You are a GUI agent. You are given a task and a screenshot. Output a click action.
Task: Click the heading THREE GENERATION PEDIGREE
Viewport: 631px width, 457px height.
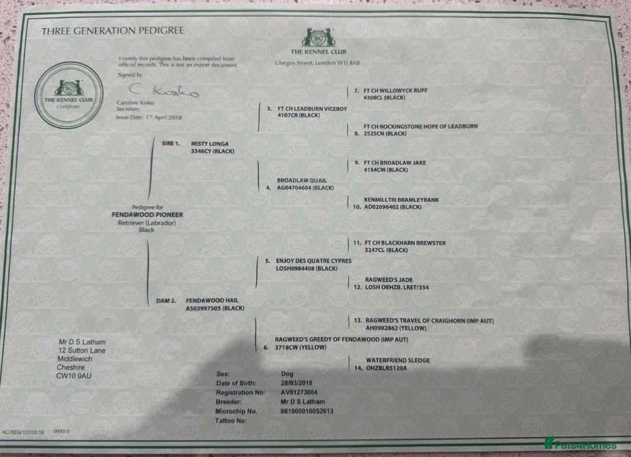click(112, 31)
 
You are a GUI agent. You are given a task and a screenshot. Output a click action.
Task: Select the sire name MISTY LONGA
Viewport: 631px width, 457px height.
click(210, 143)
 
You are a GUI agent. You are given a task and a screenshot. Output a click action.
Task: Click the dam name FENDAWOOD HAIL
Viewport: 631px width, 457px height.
click(212, 300)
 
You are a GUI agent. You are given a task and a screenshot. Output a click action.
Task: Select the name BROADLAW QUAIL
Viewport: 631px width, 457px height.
click(301, 180)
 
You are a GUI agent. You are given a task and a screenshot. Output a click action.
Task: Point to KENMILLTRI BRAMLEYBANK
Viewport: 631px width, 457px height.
click(401, 200)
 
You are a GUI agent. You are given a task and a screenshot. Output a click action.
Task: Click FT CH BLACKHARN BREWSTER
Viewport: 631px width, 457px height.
click(405, 243)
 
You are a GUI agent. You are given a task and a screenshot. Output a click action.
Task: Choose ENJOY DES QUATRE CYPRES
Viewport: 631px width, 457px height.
click(314, 261)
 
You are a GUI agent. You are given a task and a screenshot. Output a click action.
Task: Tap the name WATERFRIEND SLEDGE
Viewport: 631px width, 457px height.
click(397, 360)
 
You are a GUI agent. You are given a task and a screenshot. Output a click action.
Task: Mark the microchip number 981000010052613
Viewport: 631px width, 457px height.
click(307, 411)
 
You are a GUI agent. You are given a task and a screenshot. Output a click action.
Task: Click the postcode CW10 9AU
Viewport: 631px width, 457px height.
click(74, 376)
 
